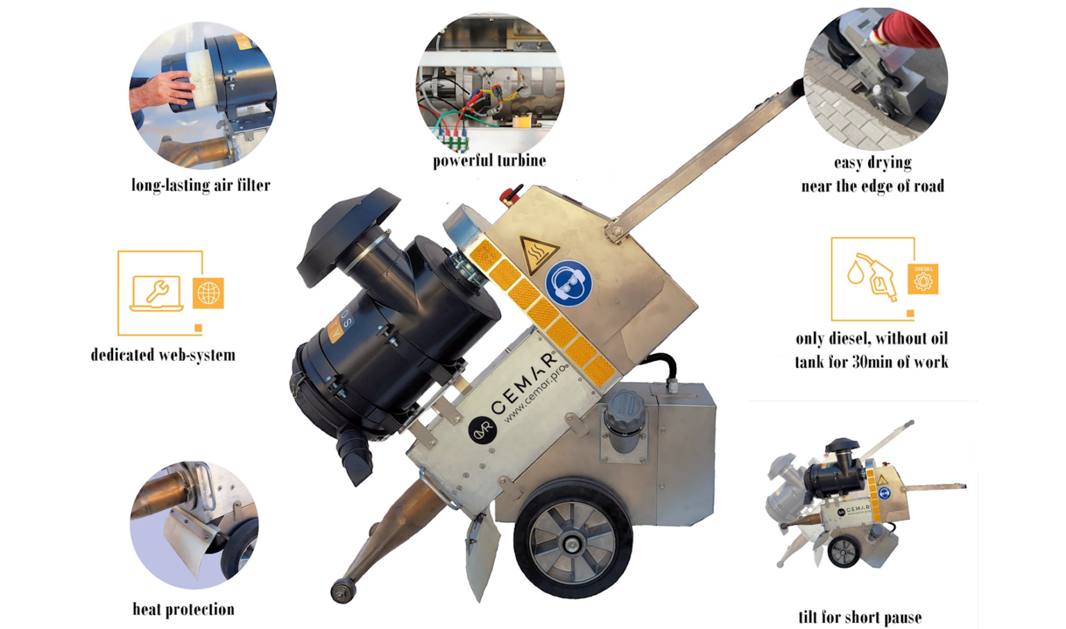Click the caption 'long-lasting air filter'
tap(201, 185)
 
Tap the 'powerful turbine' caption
tap(489, 161)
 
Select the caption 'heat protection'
tap(183, 610)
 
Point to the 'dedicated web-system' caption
tap(163, 355)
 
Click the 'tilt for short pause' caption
tap(860, 617)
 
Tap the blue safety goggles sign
tap(568, 283)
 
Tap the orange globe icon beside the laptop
tap(208, 293)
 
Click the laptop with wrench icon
tap(157, 293)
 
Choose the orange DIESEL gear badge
tap(923, 279)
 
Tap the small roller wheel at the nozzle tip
tap(341, 591)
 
